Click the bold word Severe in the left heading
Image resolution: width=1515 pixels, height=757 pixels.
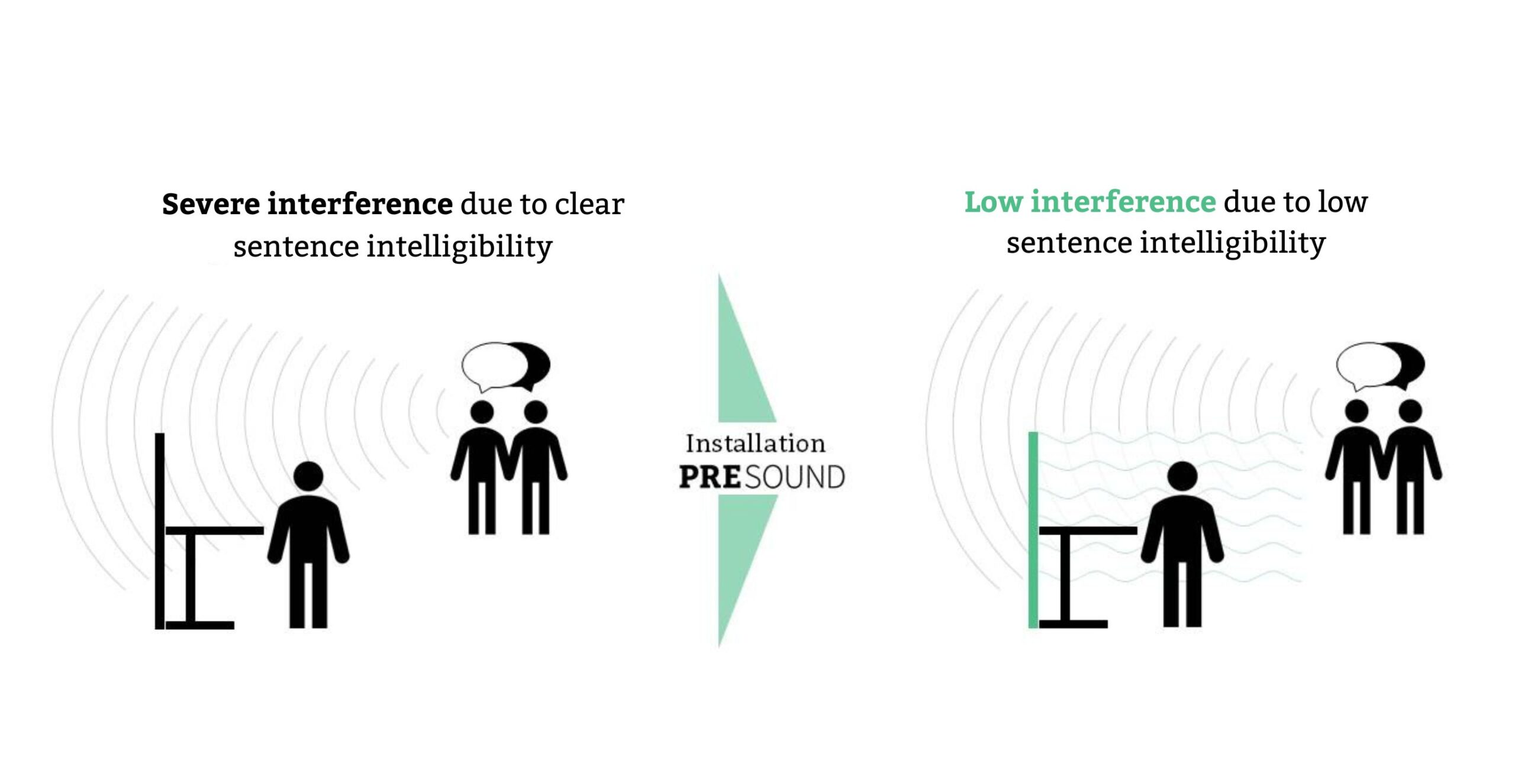(211, 204)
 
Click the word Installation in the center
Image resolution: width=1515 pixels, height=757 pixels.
(755, 444)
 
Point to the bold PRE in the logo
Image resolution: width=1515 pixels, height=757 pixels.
(710, 477)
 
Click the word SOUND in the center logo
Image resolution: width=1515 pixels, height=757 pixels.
(795, 477)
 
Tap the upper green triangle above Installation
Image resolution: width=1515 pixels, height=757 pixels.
(740, 367)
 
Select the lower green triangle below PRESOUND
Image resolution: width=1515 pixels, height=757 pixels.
(740, 550)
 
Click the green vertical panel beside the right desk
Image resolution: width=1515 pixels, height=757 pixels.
(1033, 530)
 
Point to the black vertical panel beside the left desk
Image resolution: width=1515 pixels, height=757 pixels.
(160, 531)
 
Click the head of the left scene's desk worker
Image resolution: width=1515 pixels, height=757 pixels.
(308, 476)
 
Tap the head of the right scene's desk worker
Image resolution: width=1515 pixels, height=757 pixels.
(1182, 476)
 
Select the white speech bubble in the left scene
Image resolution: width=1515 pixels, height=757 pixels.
(494, 366)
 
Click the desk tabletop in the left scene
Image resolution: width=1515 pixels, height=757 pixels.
(215, 530)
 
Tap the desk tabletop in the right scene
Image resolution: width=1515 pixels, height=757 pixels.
(1088, 530)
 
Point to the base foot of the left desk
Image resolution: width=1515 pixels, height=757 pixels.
(200, 625)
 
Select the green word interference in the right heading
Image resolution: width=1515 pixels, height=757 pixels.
(1123, 202)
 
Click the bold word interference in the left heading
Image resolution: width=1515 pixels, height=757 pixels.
(360, 204)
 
